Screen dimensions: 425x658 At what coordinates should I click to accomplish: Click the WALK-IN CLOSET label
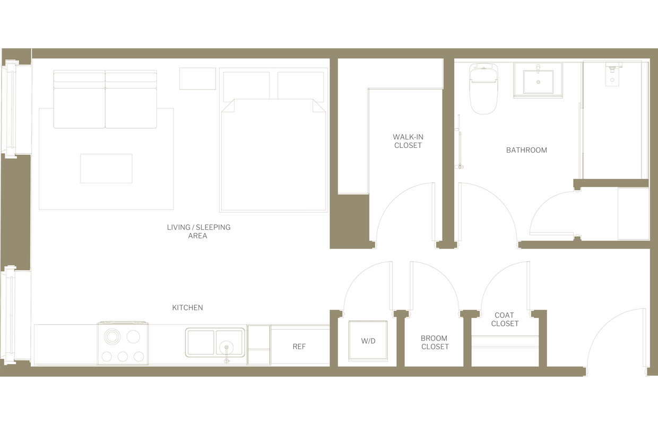click(x=408, y=141)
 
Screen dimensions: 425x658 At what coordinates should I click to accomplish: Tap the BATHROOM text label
click(x=526, y=150)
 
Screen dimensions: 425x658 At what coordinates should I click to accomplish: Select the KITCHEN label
click(x=187, y=307)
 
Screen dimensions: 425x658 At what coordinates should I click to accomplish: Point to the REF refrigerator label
click(x=299, y=347)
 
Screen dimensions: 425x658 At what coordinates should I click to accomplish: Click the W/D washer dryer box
click(x=368, y=340)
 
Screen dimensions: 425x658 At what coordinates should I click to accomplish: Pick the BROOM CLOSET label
click(x=435, y=342)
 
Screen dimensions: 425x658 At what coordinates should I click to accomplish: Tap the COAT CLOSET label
click(x=505, y=319)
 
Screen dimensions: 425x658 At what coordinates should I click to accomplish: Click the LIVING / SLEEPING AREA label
click(x=198, y=231)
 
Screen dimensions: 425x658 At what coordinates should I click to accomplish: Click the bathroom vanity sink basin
click(x=538, y=82)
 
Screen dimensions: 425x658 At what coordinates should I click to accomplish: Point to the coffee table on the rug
click(x=106, y=169)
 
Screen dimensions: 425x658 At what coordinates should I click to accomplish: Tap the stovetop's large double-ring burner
click(x=112, y=337)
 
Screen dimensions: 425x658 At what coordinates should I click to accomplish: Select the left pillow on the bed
click(x=246, y=85)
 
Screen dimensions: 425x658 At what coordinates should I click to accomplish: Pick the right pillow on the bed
click(x=300, y=85)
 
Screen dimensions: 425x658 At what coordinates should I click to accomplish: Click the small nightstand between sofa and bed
click(x=197, y=78)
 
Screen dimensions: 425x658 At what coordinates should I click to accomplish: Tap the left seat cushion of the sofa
click(x=79, y=108)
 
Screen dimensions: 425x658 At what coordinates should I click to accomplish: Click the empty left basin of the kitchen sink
click(x=200, y=342)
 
